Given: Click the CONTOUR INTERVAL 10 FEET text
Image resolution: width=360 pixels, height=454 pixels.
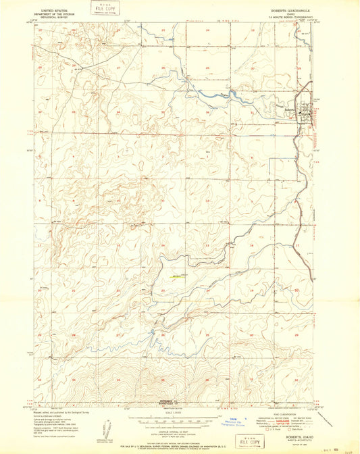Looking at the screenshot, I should pyautogui.click(x=170, y=427).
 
